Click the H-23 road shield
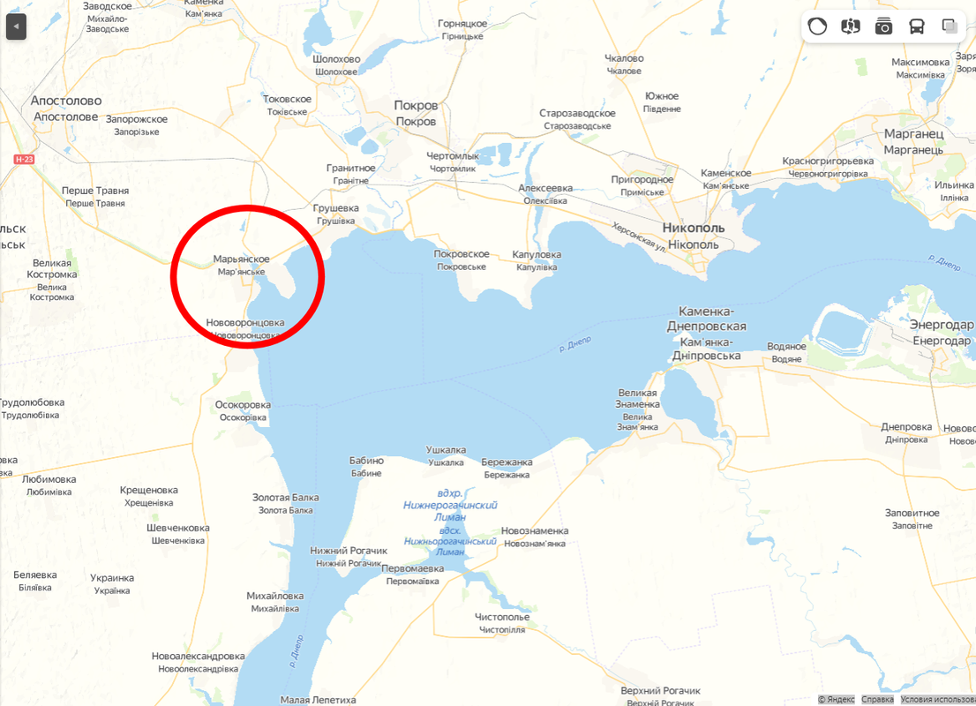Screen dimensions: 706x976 (x=23, y=159)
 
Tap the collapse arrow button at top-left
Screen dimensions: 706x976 (x=16, y=27)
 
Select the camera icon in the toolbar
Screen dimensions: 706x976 (x=883, y=26)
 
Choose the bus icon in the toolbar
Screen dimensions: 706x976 (x=917, y=26)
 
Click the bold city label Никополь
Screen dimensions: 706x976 (x=693, y=228)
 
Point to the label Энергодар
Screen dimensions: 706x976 (x=942, y=325)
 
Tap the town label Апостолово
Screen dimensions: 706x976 (x=66, y=101)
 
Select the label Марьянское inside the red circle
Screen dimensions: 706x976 (x=241, y=259)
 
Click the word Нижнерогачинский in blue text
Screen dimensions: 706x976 (x=450, y=505)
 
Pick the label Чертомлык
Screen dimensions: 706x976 (x=453, y=155)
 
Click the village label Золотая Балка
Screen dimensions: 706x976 (x=285, y=498)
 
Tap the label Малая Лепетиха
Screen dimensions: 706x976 (x=318, y=700)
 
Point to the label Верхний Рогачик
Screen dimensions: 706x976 (x=660, y=690)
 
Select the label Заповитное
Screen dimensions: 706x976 (x=912, y=513)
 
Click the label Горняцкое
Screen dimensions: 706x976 (x=462, y=24)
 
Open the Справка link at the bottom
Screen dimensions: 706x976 (x=877, y=700)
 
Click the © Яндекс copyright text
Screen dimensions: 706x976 (x=837, y=700)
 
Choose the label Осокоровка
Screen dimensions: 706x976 (x=243, y=405)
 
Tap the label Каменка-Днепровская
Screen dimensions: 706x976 (x=711, y=319)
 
